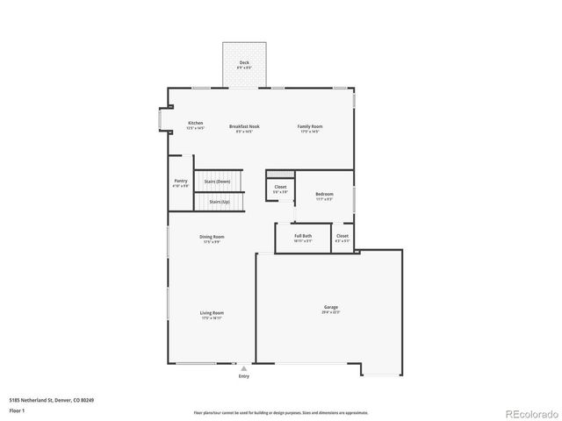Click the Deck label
click(x=244, y=63)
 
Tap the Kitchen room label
click(x=195, y=123)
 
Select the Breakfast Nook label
click(x=244, y=126)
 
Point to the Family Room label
click(x=310, y=126)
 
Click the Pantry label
click(x=180, y=182)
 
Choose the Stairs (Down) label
click(x=217, y=182)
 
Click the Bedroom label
click(x=324, y=194)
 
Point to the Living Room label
click(x=212, y=313)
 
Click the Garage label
click(x=330, y=307)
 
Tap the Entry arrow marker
click(x=244, y=368)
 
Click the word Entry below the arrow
click(x=244, y=376)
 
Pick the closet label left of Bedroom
click(x=280, y=187)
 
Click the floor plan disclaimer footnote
click(x=281, y=412)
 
